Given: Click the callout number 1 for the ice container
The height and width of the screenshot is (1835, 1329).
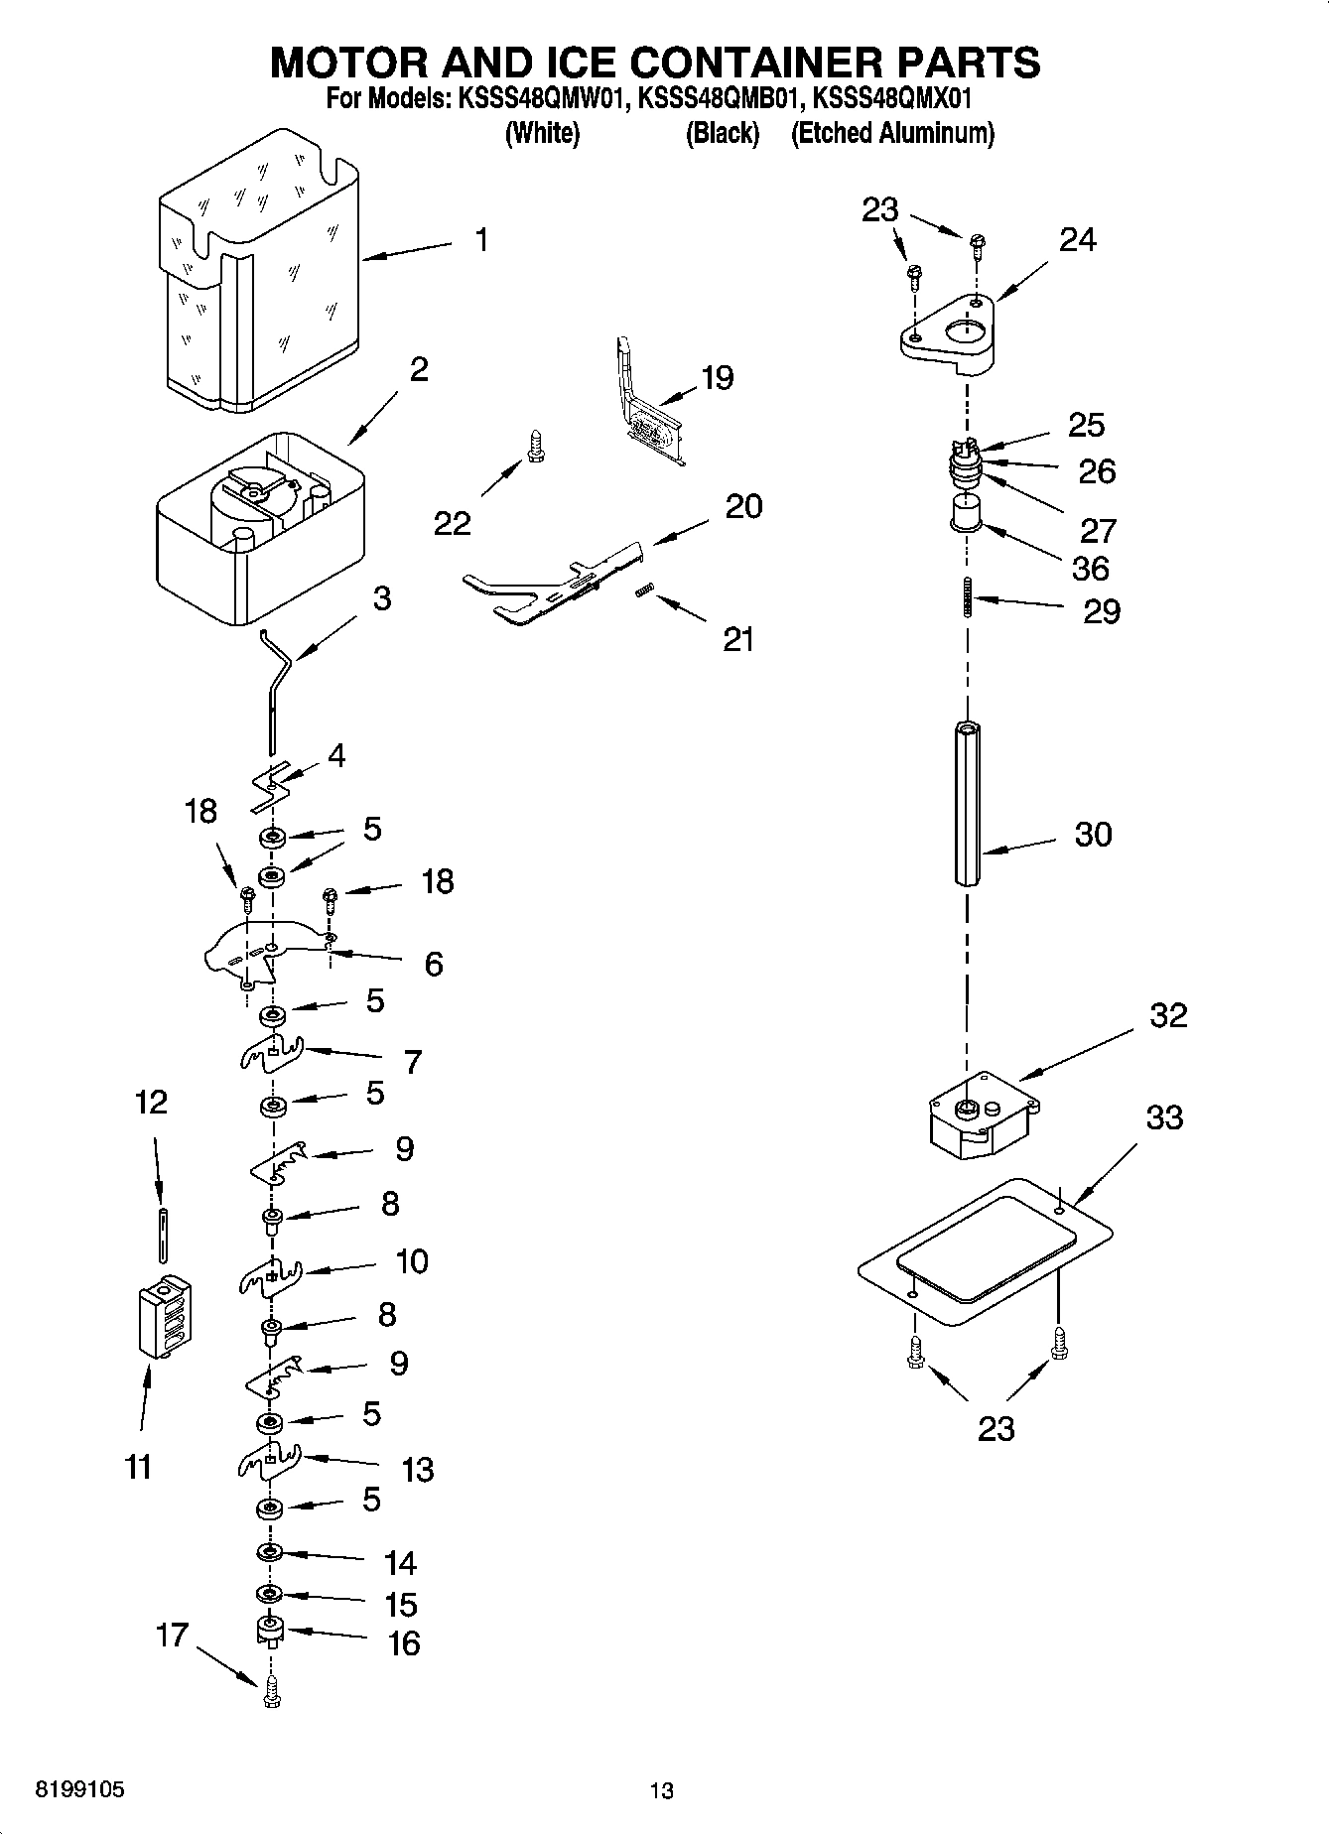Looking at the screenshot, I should tap(481, 240).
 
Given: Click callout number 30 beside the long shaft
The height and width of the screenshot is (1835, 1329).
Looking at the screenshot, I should tap(1093, 835).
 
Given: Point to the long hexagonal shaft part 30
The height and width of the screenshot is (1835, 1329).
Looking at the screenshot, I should tap(969, 804).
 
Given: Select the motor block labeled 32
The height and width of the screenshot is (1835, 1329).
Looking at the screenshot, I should tap(981, 1116).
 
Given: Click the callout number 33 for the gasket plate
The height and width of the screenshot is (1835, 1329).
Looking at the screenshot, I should tap(1164, 1117).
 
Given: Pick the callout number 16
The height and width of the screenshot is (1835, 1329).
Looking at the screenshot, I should tap(403, 1643).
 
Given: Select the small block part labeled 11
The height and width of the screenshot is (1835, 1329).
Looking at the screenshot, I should tap(165, 1316).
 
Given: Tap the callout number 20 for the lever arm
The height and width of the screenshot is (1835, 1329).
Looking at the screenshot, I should tap(743, 507).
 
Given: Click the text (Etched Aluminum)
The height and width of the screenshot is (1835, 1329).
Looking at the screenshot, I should tap(891, 133).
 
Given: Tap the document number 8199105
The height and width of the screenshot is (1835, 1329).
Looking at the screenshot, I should tap(79, 1790).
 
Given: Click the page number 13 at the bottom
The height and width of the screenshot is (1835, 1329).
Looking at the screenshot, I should tap(661, 1791).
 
